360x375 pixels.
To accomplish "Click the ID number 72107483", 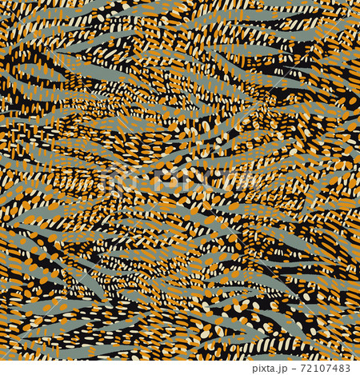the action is coord(324,368).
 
